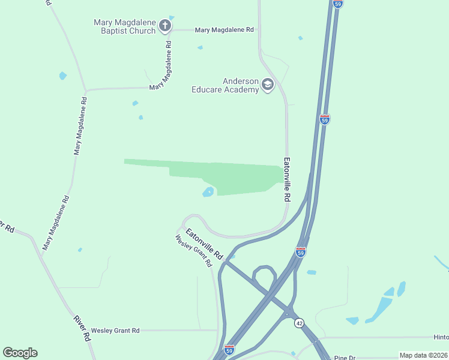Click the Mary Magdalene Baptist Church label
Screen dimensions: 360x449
tap(124, 27)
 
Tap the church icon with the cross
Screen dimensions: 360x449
tap(165, 26)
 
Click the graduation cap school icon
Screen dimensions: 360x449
tap(268, 85)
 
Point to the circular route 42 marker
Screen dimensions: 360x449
tap(299, 323)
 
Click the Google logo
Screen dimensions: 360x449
tap(20, 353)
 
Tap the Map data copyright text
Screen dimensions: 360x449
tap(423, 355)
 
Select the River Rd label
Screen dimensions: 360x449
tap(82, 328)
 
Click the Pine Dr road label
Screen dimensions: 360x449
tap(345, 358)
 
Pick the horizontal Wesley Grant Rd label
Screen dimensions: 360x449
tap(115, 331)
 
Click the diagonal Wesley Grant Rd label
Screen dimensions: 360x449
tap(194, 251)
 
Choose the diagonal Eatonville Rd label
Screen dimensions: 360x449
tap(204, 244)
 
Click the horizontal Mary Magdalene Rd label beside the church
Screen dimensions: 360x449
tap(224, 29)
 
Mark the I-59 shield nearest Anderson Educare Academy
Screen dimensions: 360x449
tap(325, 119)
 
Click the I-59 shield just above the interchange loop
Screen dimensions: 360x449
tap(301, 251)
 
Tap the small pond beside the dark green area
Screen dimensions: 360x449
tap(208, 192)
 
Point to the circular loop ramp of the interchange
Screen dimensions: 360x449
tap(262, 278)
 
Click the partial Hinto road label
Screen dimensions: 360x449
tap(441, 337)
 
